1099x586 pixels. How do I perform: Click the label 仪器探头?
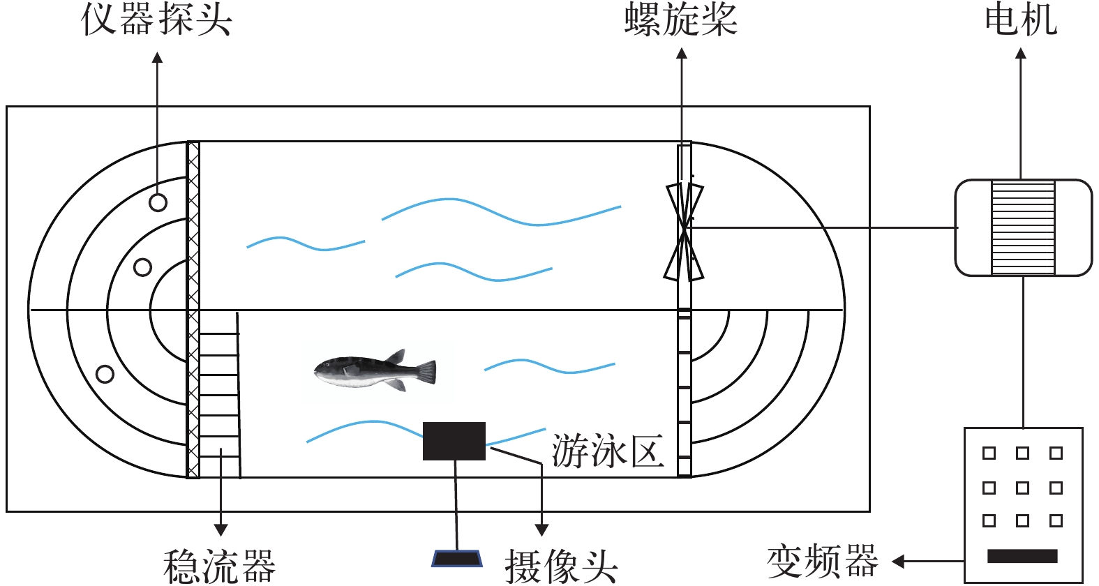[x=156, y=19]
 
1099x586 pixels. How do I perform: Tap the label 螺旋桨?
[x=680, y=19]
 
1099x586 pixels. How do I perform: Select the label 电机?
[x=1020, y=19]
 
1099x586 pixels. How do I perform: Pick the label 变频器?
[x=822, y=561]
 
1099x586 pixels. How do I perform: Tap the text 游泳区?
[x=607, y=451]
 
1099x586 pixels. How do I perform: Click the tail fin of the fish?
[x=425, y=371]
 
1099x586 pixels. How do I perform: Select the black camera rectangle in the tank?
[x=454, y=441]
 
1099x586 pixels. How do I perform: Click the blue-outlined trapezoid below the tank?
[x=457, y=558]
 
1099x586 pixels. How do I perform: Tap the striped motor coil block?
[x=1023, y=227]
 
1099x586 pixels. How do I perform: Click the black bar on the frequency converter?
[x=1022, y=556]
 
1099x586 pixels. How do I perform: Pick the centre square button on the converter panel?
[x=1022, y=487]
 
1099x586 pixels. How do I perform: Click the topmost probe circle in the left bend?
[x=158, y=202]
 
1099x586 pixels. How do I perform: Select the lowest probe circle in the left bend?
[x=105, y=374]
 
